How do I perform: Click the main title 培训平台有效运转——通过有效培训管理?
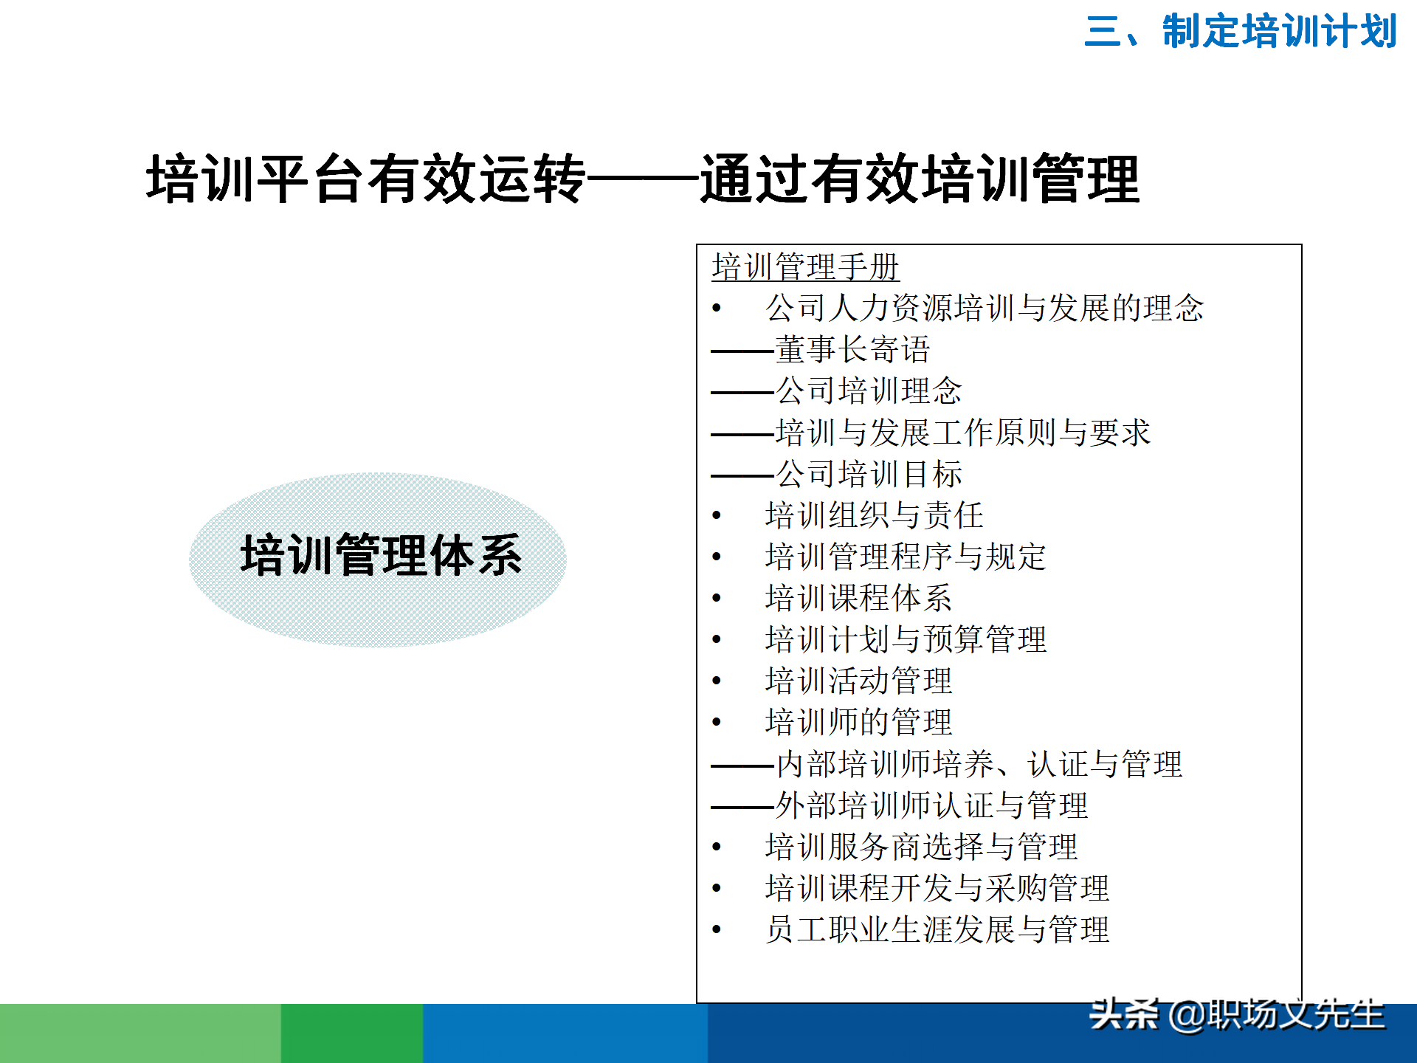(x=642, y=179)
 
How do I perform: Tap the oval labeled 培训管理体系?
(x=378, y=559)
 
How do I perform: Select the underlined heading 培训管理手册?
(x=805, y=267)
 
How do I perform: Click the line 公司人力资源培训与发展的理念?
(x=985, y=309)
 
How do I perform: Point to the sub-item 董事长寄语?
(x=852, y=350)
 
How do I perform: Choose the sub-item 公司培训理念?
(x=869, y=391)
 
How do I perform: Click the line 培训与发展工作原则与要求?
(x=962, y=433)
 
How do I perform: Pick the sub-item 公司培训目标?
(x=869, y=474)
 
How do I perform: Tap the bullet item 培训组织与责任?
(x=875, y=515)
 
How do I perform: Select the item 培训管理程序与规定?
(x=906, y=557)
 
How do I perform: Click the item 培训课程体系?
(x=858, y=598)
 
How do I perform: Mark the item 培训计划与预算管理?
(x=906, y=639)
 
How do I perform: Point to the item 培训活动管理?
(x=858, y=681)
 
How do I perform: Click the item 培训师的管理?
(x=858, y=722)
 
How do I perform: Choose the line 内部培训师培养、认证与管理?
(x=979, y=764)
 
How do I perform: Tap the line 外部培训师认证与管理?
(x=931, y=805)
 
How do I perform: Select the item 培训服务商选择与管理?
(x=921, y=847)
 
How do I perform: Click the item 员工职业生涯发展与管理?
(x=937, y=929)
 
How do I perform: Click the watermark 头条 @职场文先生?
(x=1237, y=1015)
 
